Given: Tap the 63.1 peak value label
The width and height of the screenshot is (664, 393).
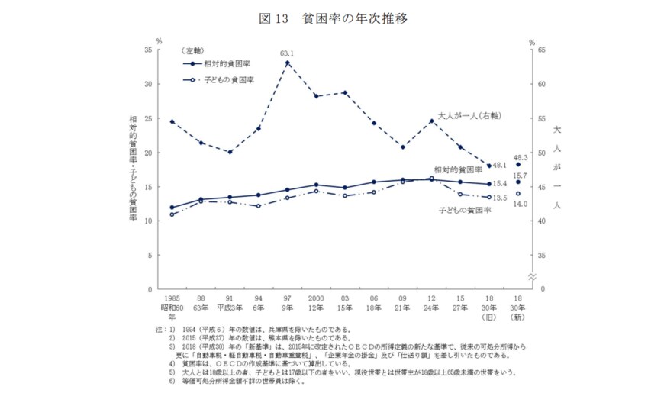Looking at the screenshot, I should click(287, 53).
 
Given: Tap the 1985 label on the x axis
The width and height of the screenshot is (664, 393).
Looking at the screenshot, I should click(172, 298).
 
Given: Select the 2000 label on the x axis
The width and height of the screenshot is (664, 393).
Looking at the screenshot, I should click(316, 298).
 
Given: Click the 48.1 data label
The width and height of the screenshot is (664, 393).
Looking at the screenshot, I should click(498, 165).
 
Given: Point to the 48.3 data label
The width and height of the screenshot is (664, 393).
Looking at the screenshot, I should click(521, 158).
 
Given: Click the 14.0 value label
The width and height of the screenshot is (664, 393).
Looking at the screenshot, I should click(521, 204).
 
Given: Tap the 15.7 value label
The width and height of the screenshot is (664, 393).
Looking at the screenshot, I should click(521, 175).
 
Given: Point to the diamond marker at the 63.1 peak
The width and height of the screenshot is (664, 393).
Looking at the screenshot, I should click(287, 62).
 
